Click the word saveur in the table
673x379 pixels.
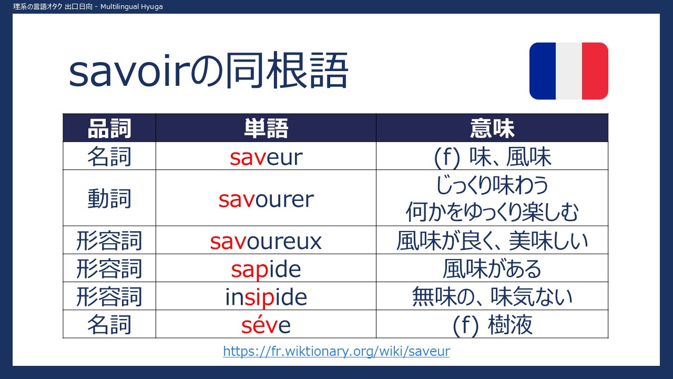click(266, 157)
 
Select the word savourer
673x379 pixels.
click(266, 200)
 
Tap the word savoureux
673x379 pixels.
click(266, 241)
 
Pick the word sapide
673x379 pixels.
click(266, 270)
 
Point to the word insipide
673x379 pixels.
click(266, 297)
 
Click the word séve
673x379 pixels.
click(266, 325)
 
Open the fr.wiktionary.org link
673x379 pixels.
click(336, 351)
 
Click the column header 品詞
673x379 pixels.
click(109, 128)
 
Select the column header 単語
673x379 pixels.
click(266, 128)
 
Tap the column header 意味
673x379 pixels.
click(492, 128)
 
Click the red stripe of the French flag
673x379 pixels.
click(595, 71)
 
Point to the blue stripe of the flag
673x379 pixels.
click(543, 71)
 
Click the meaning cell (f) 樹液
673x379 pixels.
click(492, 325)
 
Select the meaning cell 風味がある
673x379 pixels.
click(492, 269)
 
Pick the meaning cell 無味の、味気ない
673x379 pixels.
click(492, 297)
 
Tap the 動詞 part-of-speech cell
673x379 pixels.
click(109, 199)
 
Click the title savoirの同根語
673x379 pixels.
click(209, 71)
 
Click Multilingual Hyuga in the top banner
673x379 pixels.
click(131, 7)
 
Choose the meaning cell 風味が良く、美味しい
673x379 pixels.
click(492, 241)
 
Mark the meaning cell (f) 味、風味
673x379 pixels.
click(492, 157)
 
